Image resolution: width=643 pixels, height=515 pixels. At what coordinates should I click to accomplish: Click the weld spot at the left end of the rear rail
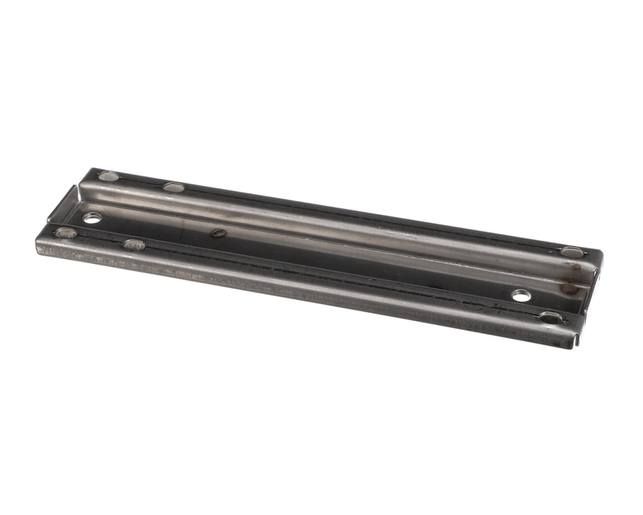click(108, 175)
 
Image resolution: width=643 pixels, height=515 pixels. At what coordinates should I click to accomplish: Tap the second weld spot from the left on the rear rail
click(174, 187)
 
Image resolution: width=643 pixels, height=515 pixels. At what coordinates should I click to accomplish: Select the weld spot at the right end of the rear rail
click(571, 252)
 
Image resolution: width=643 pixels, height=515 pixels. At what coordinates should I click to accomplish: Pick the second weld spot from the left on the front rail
click(134, 244)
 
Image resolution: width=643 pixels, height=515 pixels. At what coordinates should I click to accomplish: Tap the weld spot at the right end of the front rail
click(551, 317)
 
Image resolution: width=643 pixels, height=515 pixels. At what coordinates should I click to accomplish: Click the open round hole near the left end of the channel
click(92, 217)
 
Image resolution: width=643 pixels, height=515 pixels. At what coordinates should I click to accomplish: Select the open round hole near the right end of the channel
click(522, 295)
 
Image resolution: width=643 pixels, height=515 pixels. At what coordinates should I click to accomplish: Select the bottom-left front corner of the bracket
click(39, 249)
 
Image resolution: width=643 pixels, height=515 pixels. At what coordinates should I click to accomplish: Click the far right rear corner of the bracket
click(600, 252)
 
